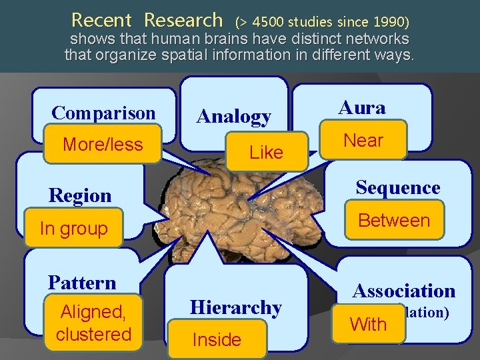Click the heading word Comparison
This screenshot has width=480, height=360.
103,113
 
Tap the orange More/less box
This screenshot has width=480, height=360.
103,144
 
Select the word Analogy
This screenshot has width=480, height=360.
235,117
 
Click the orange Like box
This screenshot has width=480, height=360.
266,153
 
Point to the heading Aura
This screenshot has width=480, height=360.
361,107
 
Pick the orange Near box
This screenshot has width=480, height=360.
363,140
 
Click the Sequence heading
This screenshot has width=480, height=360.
397,188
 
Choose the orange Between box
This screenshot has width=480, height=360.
394,220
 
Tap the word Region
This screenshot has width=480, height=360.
80,195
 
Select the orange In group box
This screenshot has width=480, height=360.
74,229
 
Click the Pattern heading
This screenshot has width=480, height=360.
82,283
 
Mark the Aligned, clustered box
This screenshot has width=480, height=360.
94,323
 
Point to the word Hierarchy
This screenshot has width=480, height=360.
235,307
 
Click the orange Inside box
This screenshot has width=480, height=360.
217,340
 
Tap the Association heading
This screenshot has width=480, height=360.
403,291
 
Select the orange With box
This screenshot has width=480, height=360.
368,325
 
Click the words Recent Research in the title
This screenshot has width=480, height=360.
147,20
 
